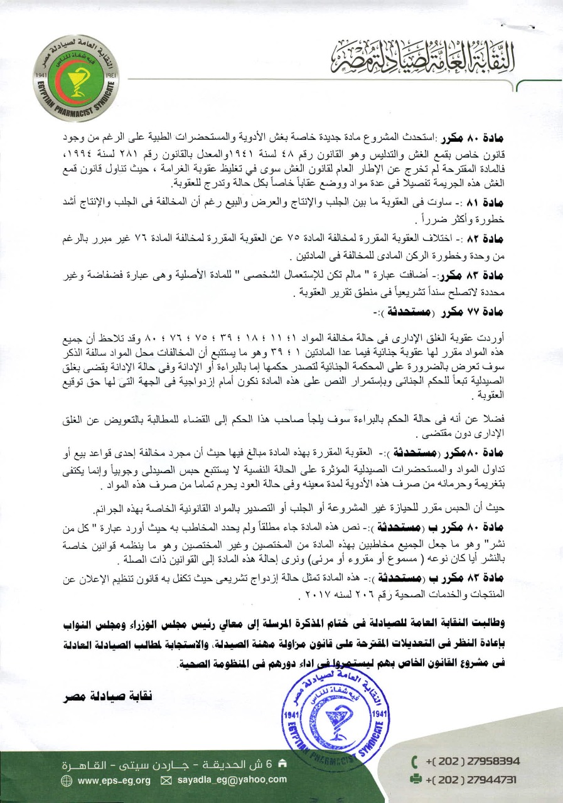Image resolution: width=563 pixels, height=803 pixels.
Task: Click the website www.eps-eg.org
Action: tap(115, 780)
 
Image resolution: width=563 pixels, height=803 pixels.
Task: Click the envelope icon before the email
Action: tap(166, 780)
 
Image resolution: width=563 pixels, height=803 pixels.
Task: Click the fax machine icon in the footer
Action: tap(415, 780)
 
